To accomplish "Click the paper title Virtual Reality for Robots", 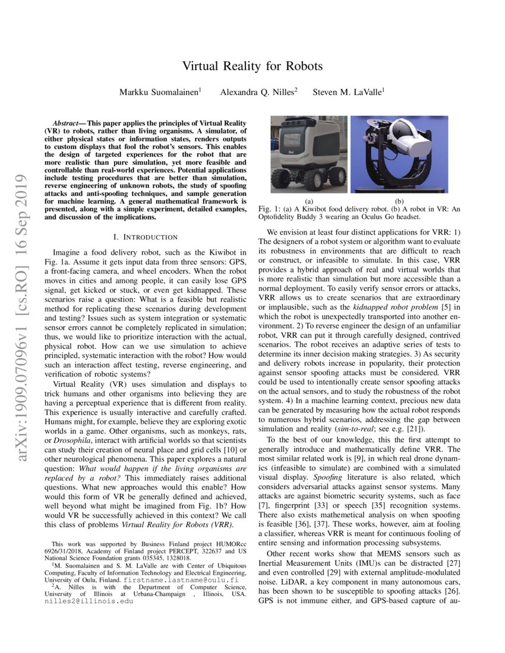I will click(x=252, y=65).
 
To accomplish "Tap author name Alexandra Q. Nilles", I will click(x=258, y=92).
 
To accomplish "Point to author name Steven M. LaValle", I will click(x=349, y=92).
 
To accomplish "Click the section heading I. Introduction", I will click(x=146, y=237).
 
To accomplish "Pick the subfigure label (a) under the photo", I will click(x=308, y=201).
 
